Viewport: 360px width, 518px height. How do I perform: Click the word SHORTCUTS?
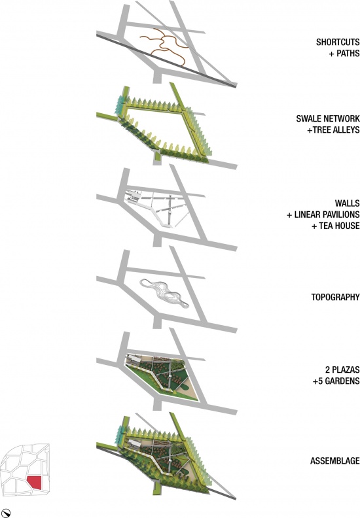(x=338, y=43)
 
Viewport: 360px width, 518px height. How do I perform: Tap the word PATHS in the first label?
(x=348, y=53)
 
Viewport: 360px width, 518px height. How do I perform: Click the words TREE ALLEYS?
(x=336, y=129)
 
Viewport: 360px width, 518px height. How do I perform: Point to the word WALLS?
(x=347, y=203)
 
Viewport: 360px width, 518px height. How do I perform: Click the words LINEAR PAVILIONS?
(x=327, y=215)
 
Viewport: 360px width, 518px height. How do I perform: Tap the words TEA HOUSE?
(x=339, y=226)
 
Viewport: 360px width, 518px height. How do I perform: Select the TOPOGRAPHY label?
(x=335, y=297)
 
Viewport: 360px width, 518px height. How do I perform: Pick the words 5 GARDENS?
(x=338, y=381)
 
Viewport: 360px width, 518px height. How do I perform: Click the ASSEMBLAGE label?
(x=334, y=460)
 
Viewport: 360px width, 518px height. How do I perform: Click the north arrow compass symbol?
(x=6, y=513)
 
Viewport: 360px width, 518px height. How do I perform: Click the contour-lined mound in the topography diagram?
(x=164, y=293)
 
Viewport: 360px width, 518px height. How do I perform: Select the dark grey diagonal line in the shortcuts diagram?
(x=166, y=60)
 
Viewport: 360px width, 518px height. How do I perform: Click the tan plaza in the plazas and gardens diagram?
(x=186, y=391)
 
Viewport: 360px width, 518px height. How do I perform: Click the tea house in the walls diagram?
(x=134, y=198)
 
